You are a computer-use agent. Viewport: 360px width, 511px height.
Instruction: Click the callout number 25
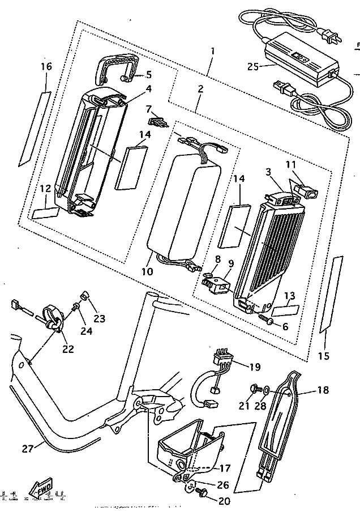click(253, 66)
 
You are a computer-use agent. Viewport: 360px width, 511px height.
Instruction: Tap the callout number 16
click(46, 67)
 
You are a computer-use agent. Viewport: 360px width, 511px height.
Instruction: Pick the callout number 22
click(68, 350)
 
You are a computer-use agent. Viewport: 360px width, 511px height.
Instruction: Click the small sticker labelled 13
click(285, 310)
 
